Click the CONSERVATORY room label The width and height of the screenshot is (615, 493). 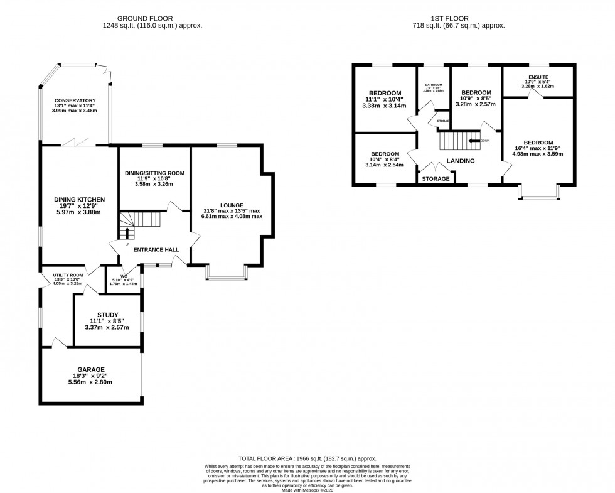(75, 100)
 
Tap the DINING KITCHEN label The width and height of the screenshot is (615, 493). (78, 200)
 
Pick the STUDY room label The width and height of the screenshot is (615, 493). (107, 315)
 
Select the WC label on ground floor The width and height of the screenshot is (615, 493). (124, 274)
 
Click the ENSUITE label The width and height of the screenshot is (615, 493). (538, 76)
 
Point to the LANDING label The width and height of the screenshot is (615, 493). (461, 161)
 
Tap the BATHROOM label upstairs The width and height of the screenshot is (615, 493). (434, 85)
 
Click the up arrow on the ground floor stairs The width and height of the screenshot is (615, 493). (127, 234)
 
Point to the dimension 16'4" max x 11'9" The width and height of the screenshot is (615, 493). (538, 148)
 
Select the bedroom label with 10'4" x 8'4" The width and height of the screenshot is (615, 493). (385, 154)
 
